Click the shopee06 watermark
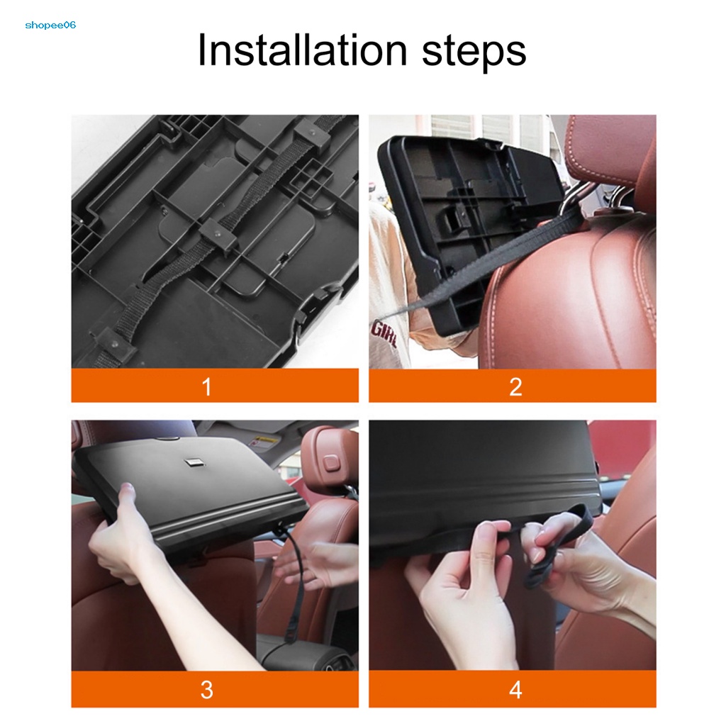50,25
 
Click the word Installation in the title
302,50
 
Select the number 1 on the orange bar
207,386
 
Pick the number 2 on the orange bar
515,386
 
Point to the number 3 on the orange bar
207,690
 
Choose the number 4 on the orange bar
515,690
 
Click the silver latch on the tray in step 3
191,462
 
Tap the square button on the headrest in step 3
330,462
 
